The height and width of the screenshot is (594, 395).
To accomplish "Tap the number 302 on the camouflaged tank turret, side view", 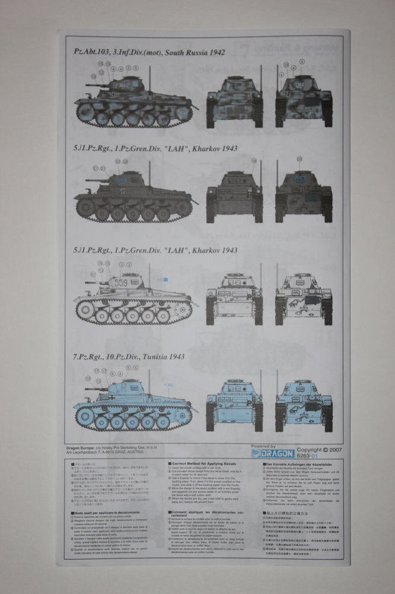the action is point(122,85).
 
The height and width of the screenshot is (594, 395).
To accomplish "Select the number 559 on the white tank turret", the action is point(120,283).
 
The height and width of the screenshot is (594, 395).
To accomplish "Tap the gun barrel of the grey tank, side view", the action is point(95,179).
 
